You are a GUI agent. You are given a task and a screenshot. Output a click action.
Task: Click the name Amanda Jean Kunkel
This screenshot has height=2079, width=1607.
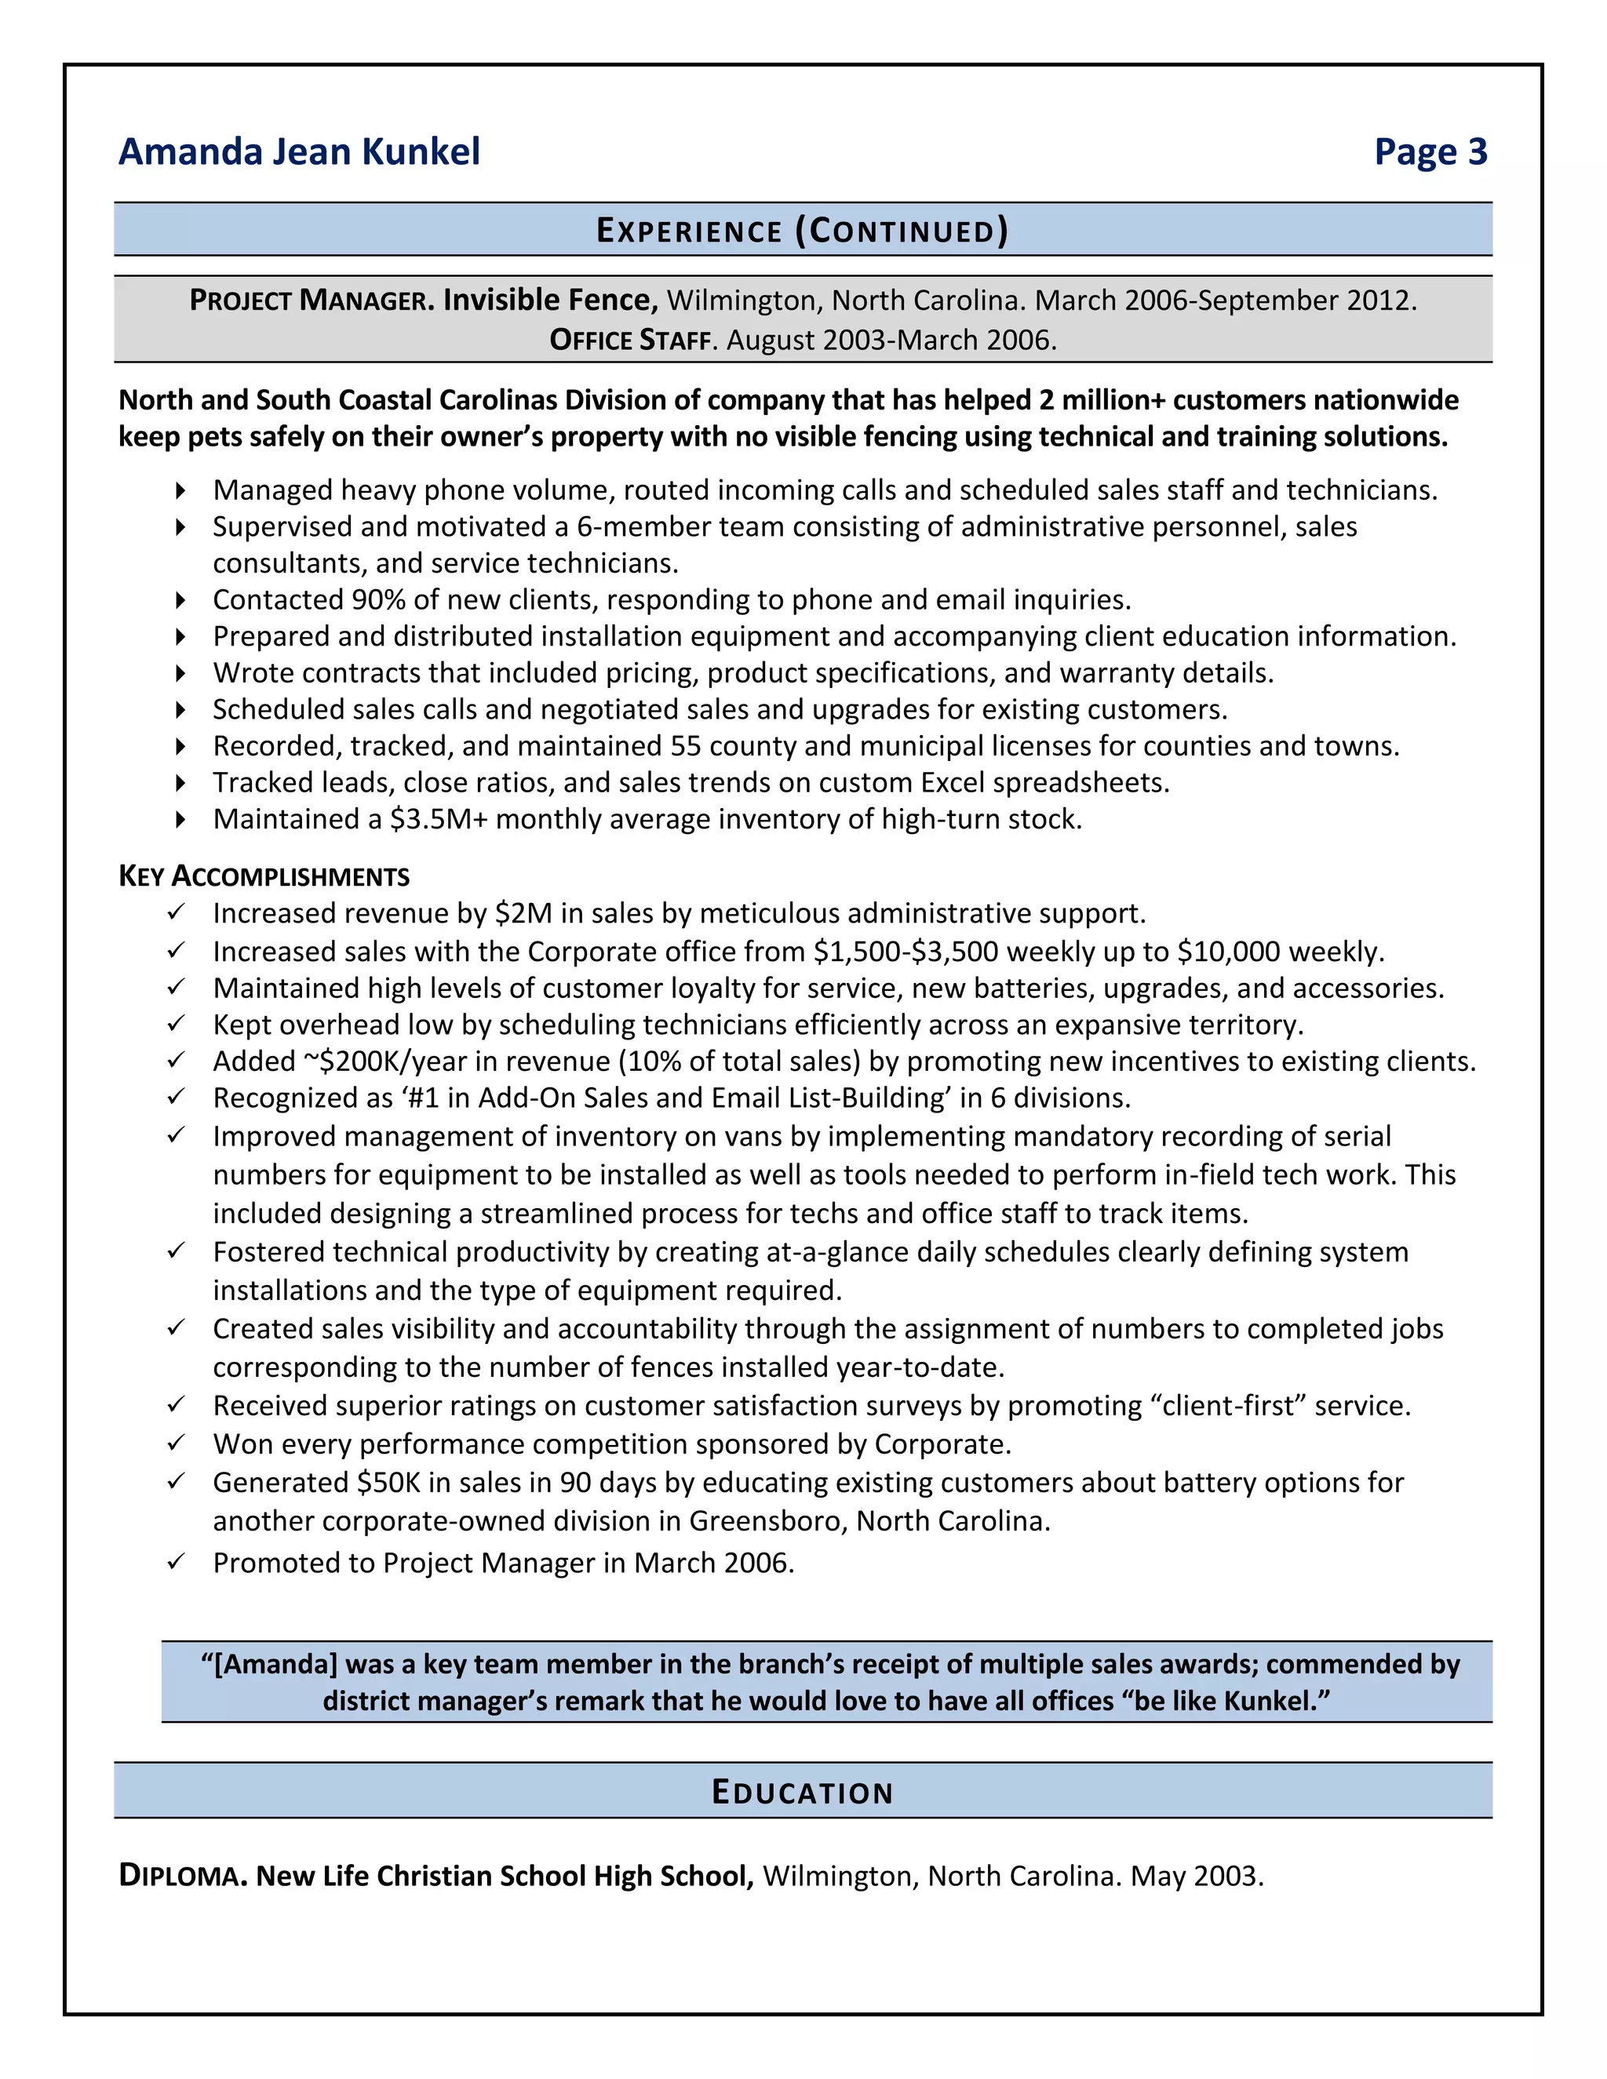pyautogui.click(x=299, y=152)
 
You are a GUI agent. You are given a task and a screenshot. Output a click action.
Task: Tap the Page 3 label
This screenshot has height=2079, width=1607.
pyautogui.click(x=1430, y=152)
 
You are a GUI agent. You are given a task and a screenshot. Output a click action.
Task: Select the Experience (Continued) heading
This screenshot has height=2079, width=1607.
pyautogui.click(x=802, y=231)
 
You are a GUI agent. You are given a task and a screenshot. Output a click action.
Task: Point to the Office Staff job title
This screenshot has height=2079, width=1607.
pyautogui.click(x=630, y=340)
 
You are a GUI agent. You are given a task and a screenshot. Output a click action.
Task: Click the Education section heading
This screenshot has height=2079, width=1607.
pyautogui.click(x=802, y=1793)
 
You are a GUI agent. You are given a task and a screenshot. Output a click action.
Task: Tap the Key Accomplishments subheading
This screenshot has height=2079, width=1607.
pyautogui.click(x=264, y=877)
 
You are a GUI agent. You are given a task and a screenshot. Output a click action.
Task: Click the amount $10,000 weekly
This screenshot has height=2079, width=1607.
pyautogui.click(x=1280, y=952)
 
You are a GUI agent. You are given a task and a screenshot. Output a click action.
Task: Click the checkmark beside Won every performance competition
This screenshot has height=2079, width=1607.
pyautogui.click(x=175, y=1443)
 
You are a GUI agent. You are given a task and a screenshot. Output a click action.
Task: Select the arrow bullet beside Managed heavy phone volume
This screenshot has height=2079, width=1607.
pyautogui.click(x=180, y=491)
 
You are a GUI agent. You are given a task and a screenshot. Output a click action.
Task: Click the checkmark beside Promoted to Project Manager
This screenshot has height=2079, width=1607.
pyautogui.click(x=175, y=1562)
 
